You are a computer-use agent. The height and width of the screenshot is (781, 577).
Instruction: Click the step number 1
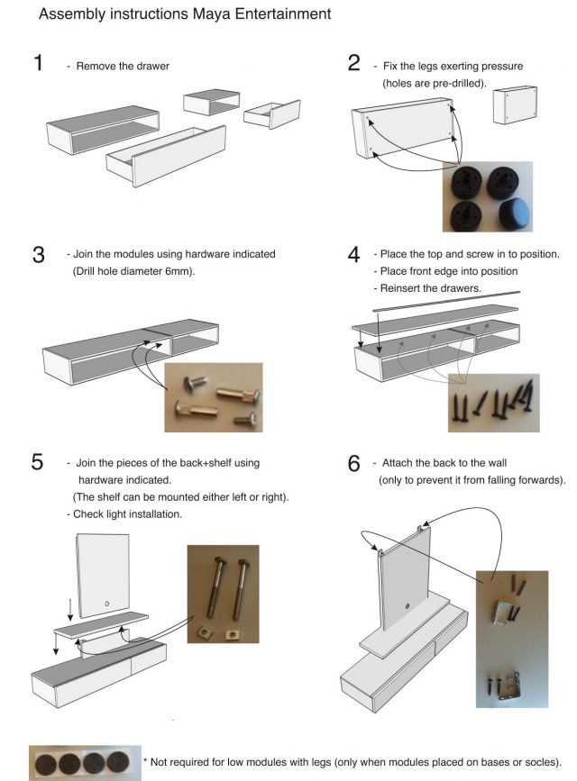(39, 63)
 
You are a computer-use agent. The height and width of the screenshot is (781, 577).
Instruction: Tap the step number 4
(353, 255)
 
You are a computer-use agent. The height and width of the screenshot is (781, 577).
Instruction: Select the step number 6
(353, 463)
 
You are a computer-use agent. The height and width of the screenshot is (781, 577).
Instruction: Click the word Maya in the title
(212, 14)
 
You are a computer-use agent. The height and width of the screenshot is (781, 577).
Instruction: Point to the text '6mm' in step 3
(178, 271)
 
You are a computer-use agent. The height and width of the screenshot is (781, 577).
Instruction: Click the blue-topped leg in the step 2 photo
(515, 214)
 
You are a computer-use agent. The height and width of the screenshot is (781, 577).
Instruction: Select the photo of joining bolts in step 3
(214, 397)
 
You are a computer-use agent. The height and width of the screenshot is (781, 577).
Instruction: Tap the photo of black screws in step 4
(493, 403)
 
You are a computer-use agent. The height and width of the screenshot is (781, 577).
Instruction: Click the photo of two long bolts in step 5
(223, 594)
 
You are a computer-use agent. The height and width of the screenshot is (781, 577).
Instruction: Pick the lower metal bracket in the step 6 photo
(509, 685)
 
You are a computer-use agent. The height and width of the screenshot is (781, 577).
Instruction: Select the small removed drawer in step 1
(272, 114)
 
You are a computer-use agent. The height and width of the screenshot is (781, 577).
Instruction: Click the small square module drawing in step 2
(515, 105)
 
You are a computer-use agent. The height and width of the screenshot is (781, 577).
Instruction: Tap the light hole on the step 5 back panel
(106, 604)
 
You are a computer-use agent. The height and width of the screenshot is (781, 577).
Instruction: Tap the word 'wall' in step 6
(497, 463)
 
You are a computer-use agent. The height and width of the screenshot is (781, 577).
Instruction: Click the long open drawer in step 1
(166, 156)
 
